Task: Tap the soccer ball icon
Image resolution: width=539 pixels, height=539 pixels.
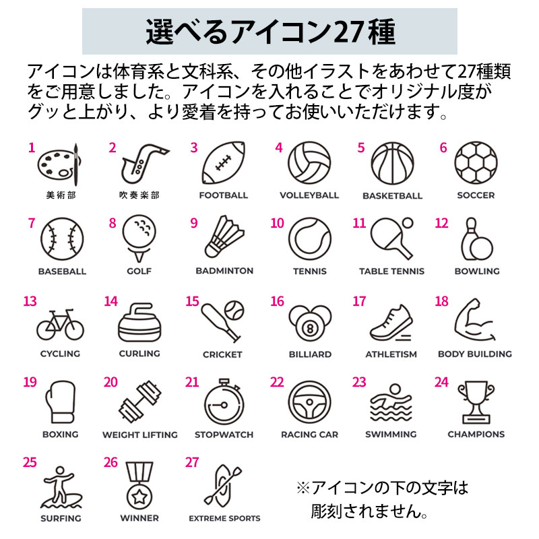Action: [476, 162]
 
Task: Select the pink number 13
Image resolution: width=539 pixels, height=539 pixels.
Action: [30, 301]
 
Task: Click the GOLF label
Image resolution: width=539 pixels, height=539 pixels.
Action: [139, 272]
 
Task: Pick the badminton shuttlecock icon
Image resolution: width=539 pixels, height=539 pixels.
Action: [224, 237]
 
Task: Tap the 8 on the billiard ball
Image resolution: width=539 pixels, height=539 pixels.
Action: [310, 329]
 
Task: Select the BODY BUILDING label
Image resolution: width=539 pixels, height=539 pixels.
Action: [475, 354]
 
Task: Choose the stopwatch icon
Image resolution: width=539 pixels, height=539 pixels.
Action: [224, 402]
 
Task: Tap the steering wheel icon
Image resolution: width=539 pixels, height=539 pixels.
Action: [309, 402]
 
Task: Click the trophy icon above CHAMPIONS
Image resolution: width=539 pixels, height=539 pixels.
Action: [476, 402]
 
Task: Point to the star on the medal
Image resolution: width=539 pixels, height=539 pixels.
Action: [139, 497]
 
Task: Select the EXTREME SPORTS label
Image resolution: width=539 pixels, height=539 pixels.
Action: [224, 518]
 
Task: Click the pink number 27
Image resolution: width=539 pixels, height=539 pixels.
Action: [192, 463]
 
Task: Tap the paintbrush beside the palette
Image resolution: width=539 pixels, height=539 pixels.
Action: [76, 164]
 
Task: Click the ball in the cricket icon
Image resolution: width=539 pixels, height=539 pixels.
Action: [234, 310]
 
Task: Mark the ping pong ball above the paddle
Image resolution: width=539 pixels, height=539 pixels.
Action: [408, 223]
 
